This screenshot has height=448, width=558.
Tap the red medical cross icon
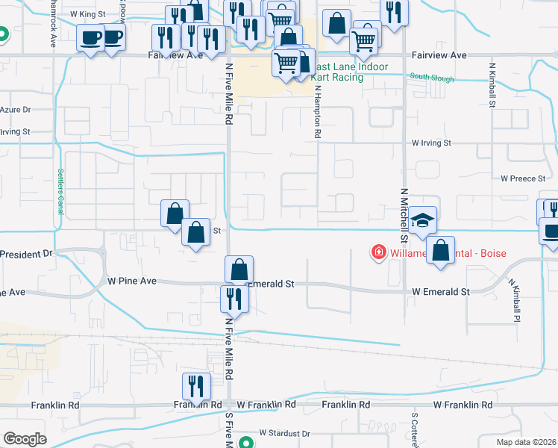click(x=379, y=253)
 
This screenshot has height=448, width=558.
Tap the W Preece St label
click(x=525, y=178)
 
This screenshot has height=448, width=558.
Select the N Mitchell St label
click(x=404, y=214)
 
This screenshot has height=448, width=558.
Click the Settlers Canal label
click(x=60, y=191)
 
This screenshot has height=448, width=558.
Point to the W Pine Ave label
click(x=132, y=281)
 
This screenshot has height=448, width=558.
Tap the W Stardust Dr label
click(x=284, y=433)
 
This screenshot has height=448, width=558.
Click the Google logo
click(x=25, y=439)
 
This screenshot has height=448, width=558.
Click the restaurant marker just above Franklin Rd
click(x=196, y=386)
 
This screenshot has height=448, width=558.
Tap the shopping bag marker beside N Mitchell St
click(x=442, y=252)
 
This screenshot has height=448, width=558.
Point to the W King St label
click(x=88, y=14)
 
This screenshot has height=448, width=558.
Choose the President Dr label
click(x=26, y=254)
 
